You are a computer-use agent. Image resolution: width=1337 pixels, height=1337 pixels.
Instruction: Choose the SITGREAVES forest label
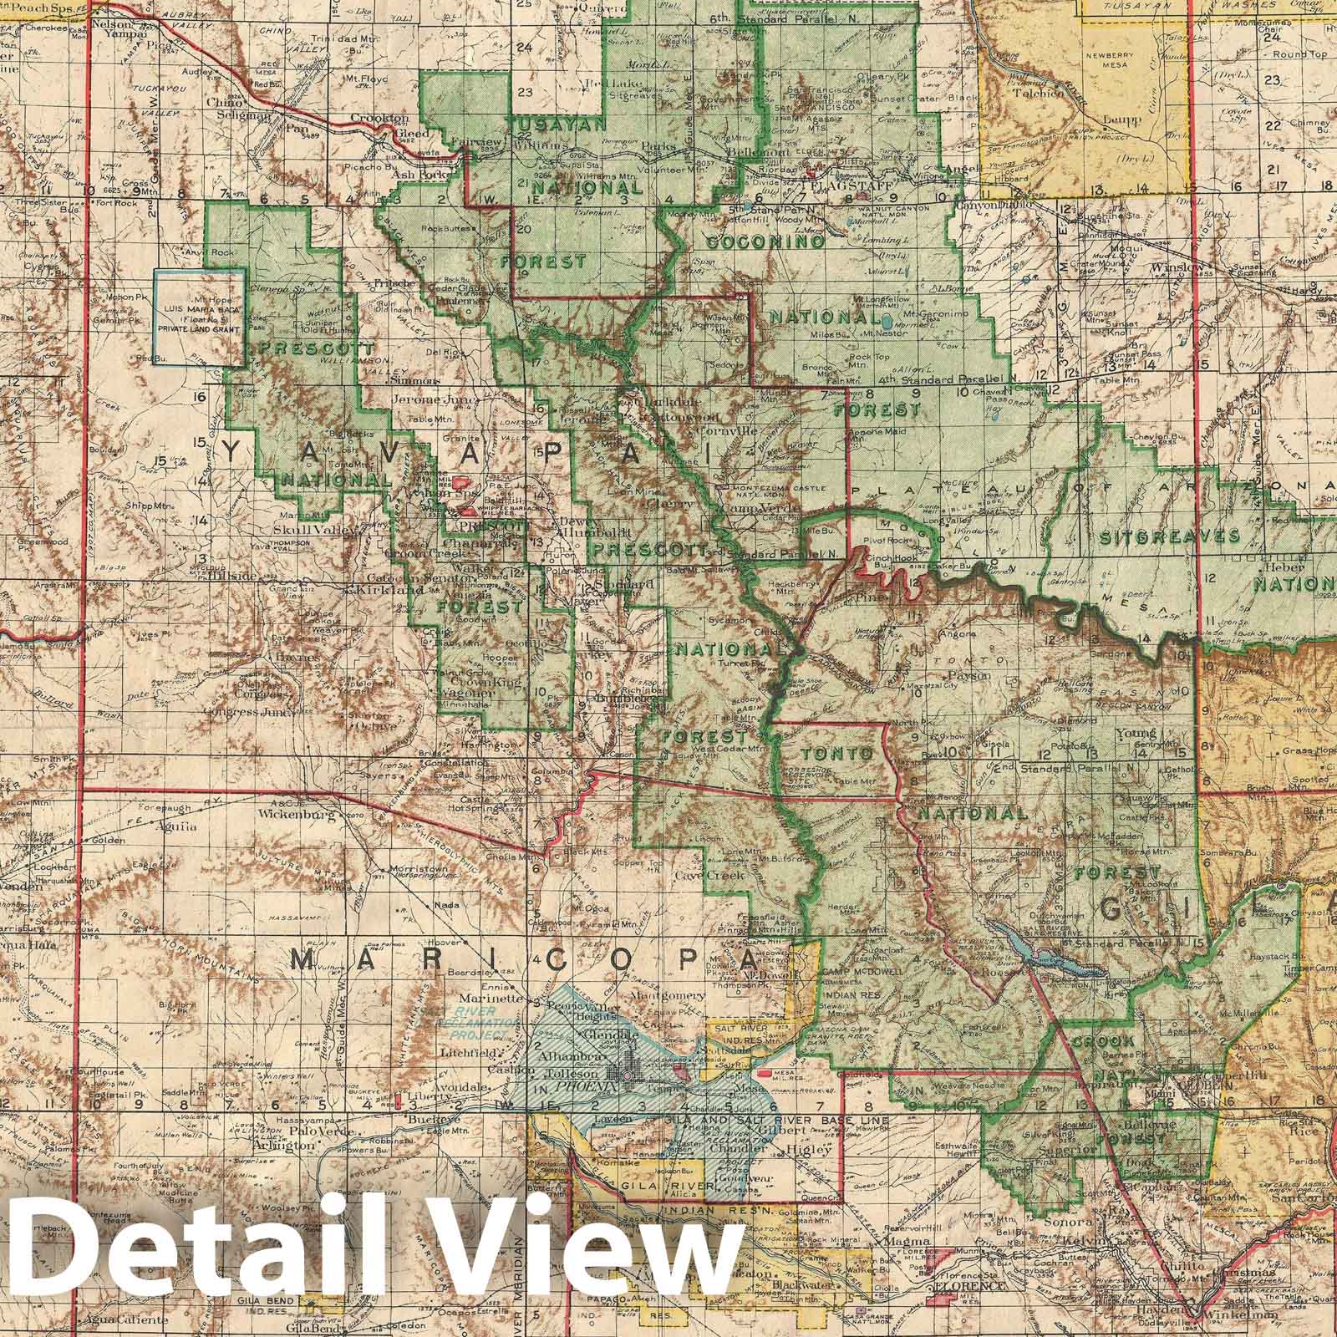1169,536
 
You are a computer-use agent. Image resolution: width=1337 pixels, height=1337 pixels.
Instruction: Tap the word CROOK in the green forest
1102,1042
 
